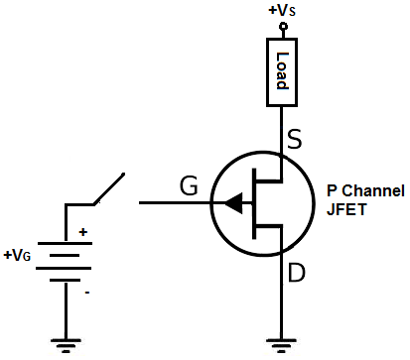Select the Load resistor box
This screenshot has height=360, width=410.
281,71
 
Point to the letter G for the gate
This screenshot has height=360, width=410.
189,184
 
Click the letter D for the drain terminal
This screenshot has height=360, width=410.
296,272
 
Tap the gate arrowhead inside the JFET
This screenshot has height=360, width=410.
233,203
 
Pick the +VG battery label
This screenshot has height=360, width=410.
20,255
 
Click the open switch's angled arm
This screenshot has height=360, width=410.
108,190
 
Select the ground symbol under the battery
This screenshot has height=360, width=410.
66,346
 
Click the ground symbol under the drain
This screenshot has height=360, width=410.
281,346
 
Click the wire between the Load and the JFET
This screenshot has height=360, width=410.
281,124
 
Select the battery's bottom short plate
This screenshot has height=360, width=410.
66,280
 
